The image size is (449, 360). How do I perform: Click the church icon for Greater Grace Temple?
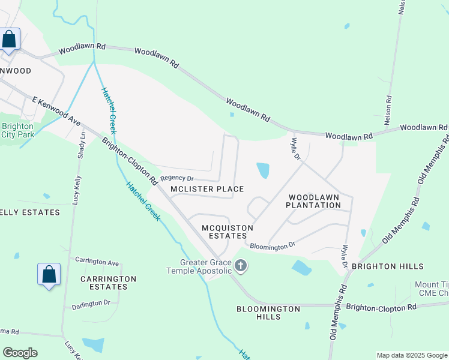point(241,266)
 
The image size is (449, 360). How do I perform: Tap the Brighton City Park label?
point(17,130)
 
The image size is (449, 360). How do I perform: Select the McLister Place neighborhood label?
point(207,189)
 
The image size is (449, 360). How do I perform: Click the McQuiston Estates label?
point(224,232)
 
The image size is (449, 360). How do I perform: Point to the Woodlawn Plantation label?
point(313,201)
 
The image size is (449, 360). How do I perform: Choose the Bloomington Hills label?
point(268,313)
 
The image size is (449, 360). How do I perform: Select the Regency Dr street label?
point(177,178)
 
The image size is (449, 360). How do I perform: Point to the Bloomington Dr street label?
point(273,245)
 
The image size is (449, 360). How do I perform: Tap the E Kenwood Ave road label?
point(56,112)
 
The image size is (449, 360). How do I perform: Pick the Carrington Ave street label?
point(97,262)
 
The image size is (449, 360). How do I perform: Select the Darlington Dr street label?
point(91,304)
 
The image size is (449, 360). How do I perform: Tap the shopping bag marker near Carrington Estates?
point(49,275)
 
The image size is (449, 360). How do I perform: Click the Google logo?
point(20,353)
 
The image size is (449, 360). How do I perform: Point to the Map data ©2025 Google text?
point(412,355)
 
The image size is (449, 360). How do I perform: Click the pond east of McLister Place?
point(263,170)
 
